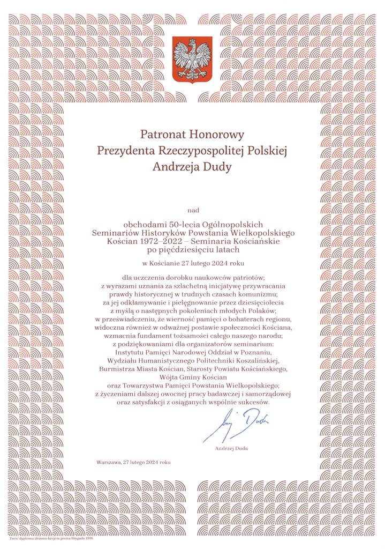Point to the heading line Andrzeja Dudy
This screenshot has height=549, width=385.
click(x=192, y=167)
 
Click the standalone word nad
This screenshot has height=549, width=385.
click(x=192, y=210)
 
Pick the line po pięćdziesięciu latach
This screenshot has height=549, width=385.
click(x=192, y=250)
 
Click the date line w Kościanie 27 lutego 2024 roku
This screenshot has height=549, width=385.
click(x=193, y=264)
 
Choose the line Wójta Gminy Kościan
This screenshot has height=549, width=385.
click(x=192, y=377)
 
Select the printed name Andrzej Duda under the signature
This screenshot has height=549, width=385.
click(x=231, y=448)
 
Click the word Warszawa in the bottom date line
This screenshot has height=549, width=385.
click(x=109, y=462)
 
